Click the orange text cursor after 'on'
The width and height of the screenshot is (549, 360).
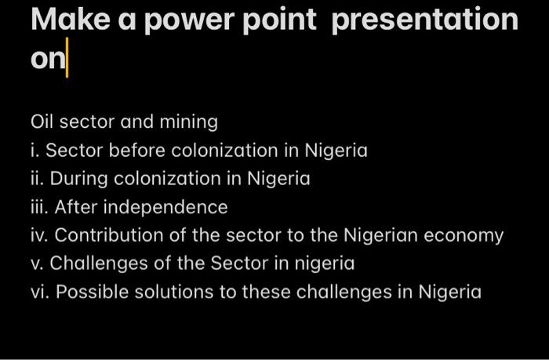[x=67, y=61]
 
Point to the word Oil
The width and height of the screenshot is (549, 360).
[x=42, y=122]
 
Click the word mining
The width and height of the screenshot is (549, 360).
[x=190, y=122]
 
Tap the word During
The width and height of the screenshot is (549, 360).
[x=82, y=179]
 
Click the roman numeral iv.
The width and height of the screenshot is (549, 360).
[x=39, y=235]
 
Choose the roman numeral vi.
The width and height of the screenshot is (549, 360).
[x=39, y=292]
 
